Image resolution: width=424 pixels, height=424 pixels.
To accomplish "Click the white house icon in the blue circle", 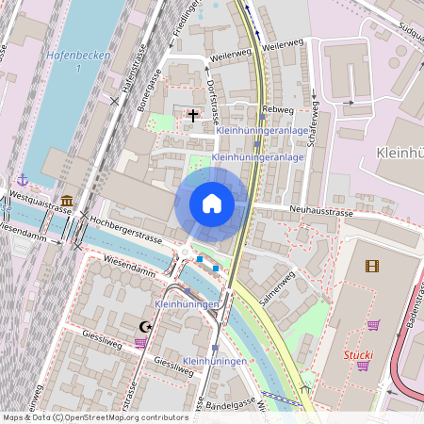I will [212, 204].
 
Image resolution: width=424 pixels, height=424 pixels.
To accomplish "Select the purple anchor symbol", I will [23, 179].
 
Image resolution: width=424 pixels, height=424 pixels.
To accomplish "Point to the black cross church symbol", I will [193, 116].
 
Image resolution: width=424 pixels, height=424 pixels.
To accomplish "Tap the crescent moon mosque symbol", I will [145, 326].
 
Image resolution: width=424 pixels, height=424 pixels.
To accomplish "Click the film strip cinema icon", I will [372, 266].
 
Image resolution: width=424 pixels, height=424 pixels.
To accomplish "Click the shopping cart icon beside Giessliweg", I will [140, 343].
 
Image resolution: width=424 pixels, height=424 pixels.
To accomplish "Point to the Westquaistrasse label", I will [40, 202].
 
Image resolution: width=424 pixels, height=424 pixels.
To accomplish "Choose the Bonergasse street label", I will [150, 94].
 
